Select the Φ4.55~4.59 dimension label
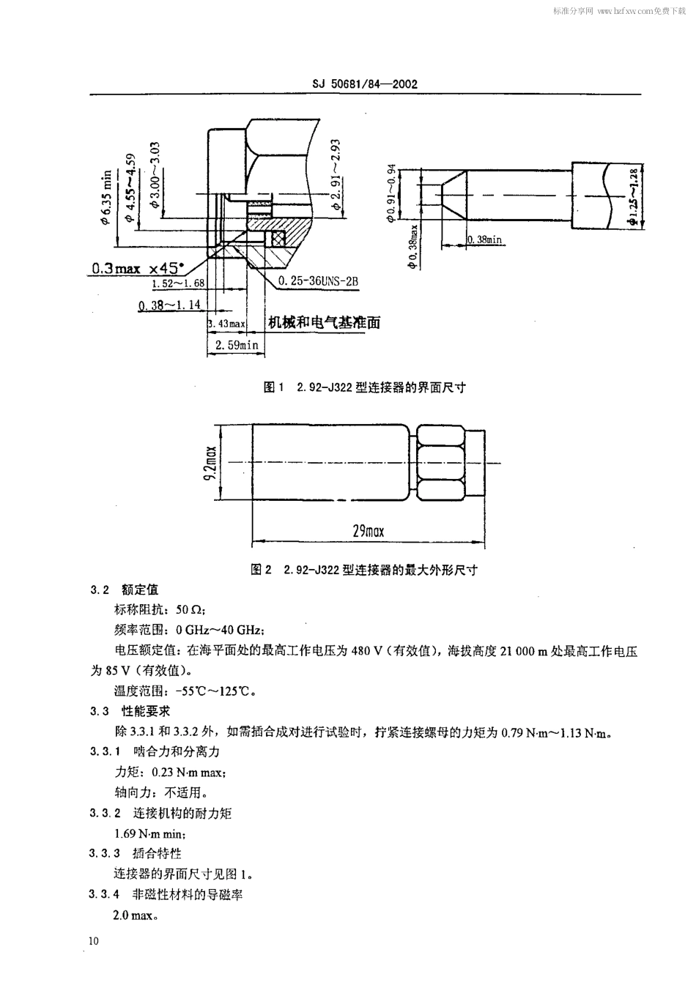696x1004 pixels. click(x=130, y=187)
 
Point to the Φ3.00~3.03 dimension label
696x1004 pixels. click(x=155, y=175)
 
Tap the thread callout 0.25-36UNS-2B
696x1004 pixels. click(x=318, y=282)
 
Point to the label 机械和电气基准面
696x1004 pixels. click(x=323, y=323)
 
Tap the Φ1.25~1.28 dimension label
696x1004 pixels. click(x=633, y=196)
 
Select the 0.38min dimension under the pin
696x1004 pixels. click(x=485, y=239)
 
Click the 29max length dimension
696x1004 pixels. click(x=368, y=531)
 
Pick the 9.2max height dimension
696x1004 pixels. click(x=210, y=462)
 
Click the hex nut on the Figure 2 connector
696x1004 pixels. click(x=440, y=461)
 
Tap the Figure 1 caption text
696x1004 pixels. click(x=364, y=387)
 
